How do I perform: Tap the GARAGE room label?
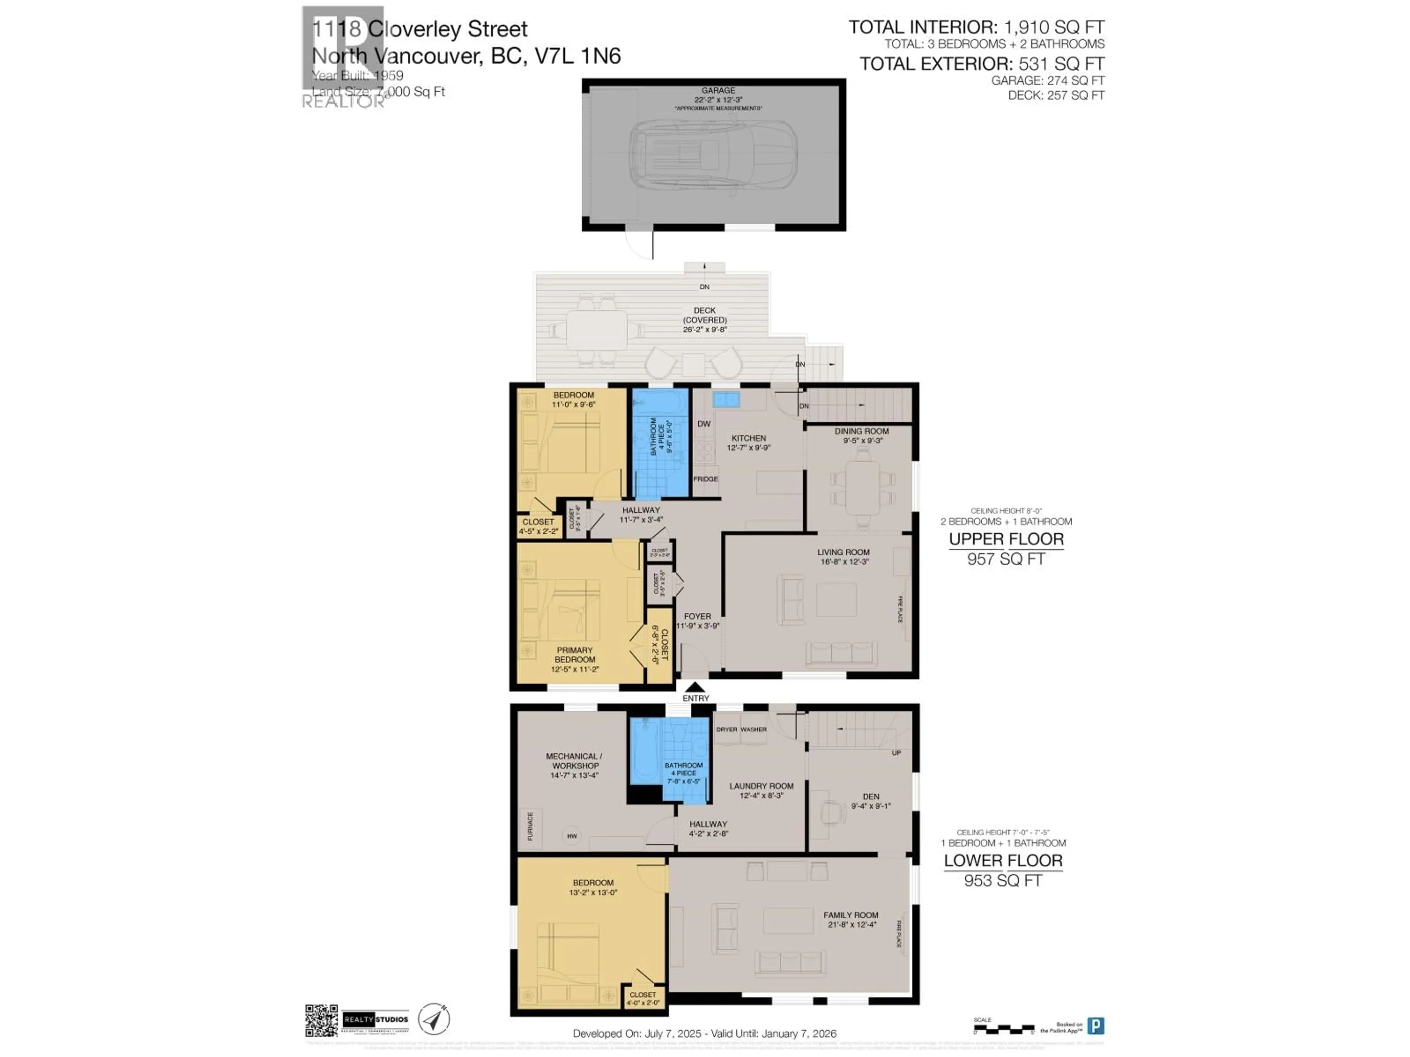point(718,91)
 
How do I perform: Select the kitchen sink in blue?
point(726,399)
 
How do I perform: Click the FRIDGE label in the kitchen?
point(706,479)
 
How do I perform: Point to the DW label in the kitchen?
point(704,424)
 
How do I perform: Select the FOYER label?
point(697,616)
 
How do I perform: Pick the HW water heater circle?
point(572,836)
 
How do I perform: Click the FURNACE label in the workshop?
point(530,827)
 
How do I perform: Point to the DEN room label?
point(871,796)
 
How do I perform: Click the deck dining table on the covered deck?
point(597,330)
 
